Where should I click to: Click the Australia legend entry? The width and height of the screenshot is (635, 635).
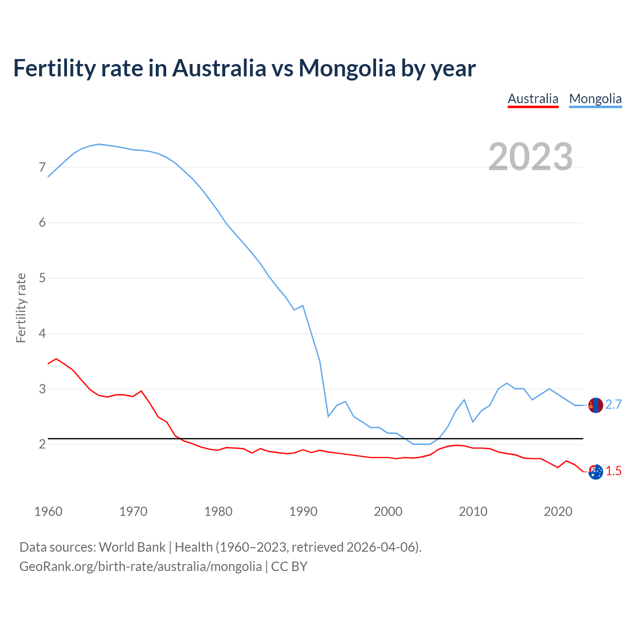pos(533,99)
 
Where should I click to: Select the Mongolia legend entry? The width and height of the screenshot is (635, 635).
pos(595,99)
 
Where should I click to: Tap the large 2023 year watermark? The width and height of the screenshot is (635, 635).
pos(530,157)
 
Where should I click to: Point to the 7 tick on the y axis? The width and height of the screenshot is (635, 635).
pos(42,167)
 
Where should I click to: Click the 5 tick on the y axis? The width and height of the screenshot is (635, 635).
pos(42,278)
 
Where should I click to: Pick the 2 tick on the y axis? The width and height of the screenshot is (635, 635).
pos(42,444)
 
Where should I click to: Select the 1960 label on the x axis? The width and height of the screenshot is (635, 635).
pos(48,511)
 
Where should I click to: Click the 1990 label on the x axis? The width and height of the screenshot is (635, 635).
pos(303,511)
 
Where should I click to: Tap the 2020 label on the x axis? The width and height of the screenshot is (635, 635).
pos(558,511)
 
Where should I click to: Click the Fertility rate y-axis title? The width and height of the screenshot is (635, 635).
pos(21,308)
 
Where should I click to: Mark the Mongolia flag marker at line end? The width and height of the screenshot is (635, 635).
pos(595,405)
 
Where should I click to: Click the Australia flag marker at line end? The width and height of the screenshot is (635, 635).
pos(595,471)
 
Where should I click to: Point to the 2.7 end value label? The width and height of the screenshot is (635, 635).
pos(614,405)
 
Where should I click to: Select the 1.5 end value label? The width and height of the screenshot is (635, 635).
pos(614,471)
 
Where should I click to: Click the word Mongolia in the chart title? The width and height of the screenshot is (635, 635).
pos(346,68)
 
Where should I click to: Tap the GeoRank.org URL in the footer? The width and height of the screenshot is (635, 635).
pos(140,566)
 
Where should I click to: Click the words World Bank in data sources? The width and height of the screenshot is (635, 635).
pos(132,547)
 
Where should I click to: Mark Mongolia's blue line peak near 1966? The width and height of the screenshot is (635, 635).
pos(99,144)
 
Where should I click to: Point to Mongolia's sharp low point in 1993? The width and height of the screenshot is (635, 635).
pos(328,416)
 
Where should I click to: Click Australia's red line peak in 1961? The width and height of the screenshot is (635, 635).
pos(57,358)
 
